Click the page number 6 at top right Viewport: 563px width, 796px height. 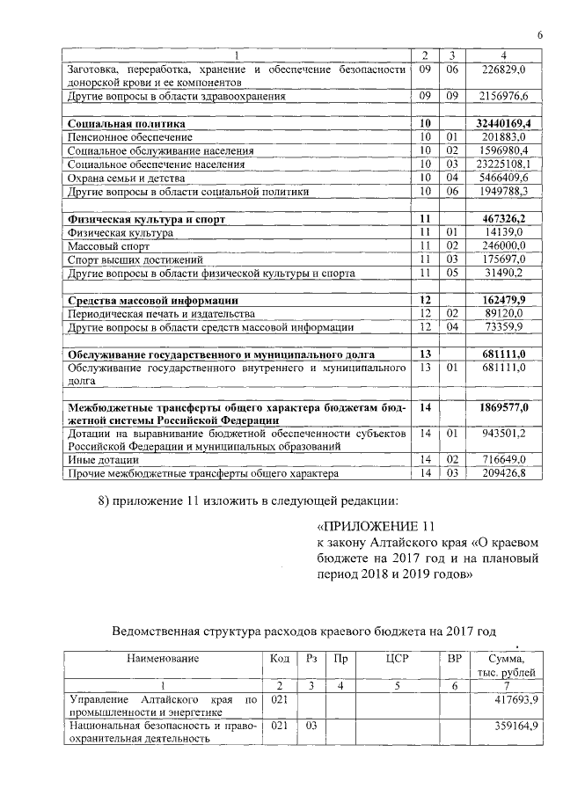pyautogui.click(x=539, y=33)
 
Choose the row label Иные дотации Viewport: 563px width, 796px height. pyautogui.click(x=103, y=460)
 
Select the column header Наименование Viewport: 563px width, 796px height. pyautogui.click(x=163, y=657)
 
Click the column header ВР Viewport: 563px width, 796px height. pyautogui.click(x=454, y=657)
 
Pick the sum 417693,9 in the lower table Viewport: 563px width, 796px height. pyautogui.click(x=511, y=699)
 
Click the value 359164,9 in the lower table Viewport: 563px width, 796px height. pyautogui.click(x=511, y=727)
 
